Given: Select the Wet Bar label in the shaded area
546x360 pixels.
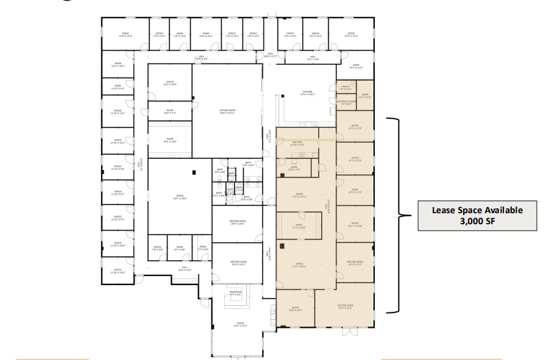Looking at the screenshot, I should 297,144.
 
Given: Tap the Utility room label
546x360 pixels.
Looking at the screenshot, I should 344,87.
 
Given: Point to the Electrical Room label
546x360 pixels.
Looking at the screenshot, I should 346,102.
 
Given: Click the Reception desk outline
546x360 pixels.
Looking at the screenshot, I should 236,292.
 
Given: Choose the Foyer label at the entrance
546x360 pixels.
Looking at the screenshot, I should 235,325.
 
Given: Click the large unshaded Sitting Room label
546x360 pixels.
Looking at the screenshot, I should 227,111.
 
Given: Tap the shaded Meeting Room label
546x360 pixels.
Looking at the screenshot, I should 355,263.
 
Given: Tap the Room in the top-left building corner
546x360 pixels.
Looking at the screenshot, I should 126,35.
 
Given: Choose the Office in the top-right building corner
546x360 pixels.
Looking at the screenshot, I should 351,35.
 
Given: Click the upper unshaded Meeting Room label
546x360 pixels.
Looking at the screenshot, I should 238,222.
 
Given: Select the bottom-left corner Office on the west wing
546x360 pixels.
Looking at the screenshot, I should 118,272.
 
